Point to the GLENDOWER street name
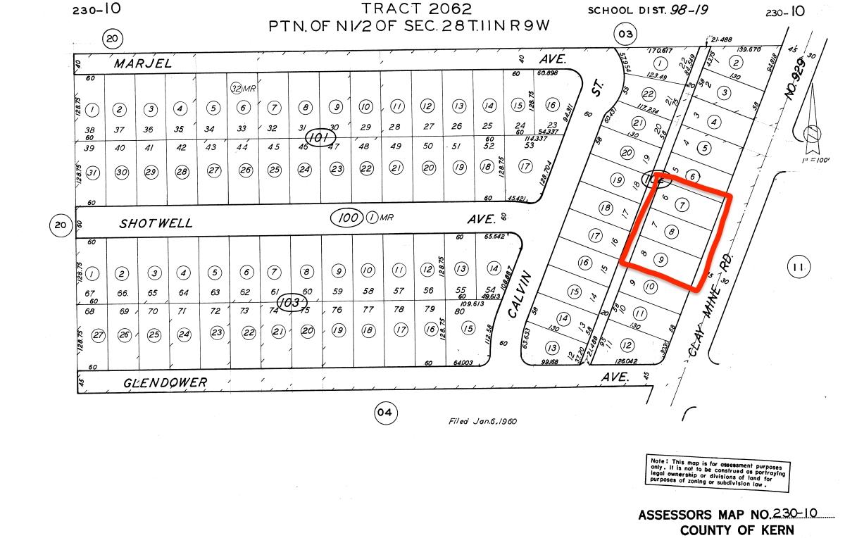coord(165,382)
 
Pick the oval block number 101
coord(320,138)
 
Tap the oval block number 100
coord(349,218)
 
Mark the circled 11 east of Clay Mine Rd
coord(797,267)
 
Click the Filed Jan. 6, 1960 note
coord(483,421)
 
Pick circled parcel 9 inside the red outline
coord(661,259)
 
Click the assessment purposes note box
coord(717,470)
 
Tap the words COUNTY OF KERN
coord(737,530)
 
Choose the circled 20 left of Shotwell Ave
coord(61,225)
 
